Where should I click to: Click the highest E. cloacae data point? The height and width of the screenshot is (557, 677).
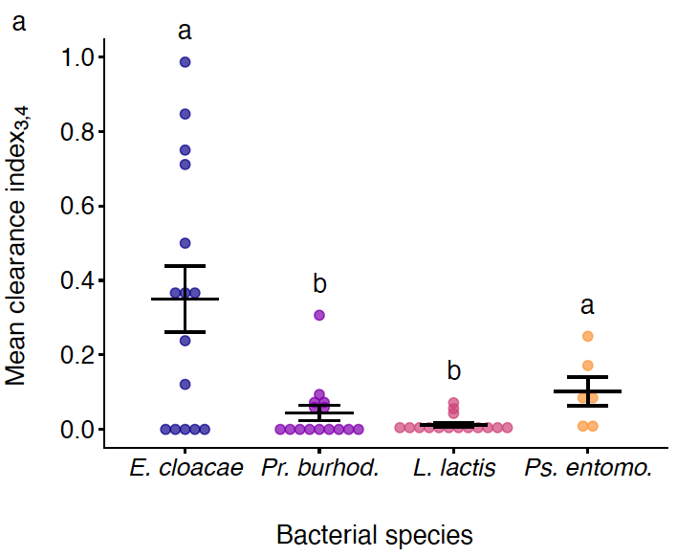[x=186, y=62]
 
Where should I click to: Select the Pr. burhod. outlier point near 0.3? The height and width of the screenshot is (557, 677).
[x=319, y=315]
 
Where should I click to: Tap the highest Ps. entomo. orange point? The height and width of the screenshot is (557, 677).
[x=588, y=336]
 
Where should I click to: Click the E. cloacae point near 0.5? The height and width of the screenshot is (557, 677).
[x=186, y=243]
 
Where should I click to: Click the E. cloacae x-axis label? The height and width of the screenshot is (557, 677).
[x=186, y=469]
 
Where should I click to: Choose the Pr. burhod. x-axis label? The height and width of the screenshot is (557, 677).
[x=320, y=469]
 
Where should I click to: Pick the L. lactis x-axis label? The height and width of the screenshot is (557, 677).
[x=454, y=469]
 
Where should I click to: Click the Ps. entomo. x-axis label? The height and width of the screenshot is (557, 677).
[x=588, y=469]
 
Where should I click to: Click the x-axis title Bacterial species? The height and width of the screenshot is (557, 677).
[x=375, y=534]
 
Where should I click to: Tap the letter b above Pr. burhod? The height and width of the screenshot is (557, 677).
[x=319, y=283]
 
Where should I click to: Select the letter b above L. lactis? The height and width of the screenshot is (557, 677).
[x=454, y=370]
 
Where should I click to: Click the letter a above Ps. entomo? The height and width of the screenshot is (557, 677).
[x=588, y=305]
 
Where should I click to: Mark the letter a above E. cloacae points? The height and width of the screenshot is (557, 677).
[x=186, y=31]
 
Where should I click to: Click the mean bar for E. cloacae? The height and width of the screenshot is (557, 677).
[x=186, y=299]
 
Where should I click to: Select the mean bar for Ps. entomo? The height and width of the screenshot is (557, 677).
[x=588, y=391]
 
